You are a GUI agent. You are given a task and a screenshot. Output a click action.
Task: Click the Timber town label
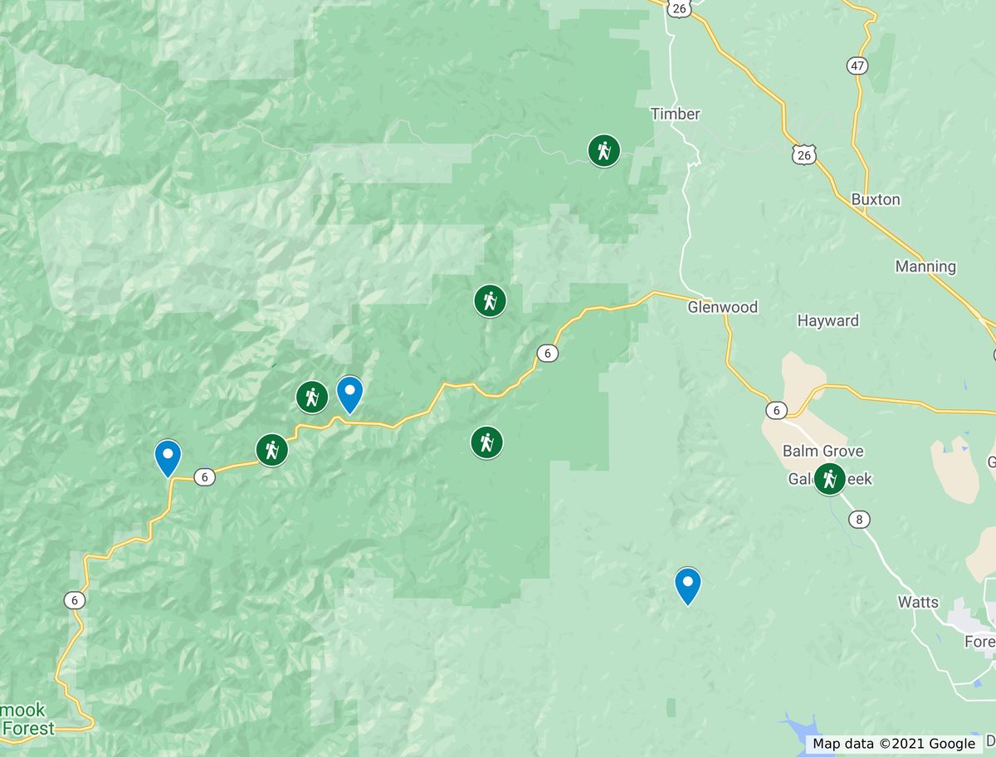[675, 114]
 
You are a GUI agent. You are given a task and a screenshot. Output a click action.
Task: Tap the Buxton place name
[875, 199]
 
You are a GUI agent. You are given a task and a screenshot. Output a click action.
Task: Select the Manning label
[925, 266]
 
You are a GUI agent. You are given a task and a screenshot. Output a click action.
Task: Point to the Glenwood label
[722, 307]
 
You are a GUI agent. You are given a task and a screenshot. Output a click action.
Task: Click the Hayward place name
[828, 320]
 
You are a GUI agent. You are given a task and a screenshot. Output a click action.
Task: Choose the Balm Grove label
[823, 451]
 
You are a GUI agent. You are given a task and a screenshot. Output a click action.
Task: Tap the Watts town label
[918, 602]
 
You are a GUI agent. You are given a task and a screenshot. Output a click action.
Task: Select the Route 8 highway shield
[860, 519]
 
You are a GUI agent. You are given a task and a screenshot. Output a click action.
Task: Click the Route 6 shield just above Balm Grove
[776, 410]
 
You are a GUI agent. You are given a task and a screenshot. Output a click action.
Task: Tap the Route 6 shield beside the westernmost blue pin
[204, 476]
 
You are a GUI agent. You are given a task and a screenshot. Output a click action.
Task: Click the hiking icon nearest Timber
[603, 151]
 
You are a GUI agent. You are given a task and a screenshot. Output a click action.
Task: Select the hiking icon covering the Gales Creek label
[828, 479]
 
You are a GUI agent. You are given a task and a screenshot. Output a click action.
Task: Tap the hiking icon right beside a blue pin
[312, 398]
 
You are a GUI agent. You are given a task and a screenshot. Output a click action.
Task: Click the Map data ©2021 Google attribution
[893, 744]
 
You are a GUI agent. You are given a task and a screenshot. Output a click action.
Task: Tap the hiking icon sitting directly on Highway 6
[271, 450]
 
